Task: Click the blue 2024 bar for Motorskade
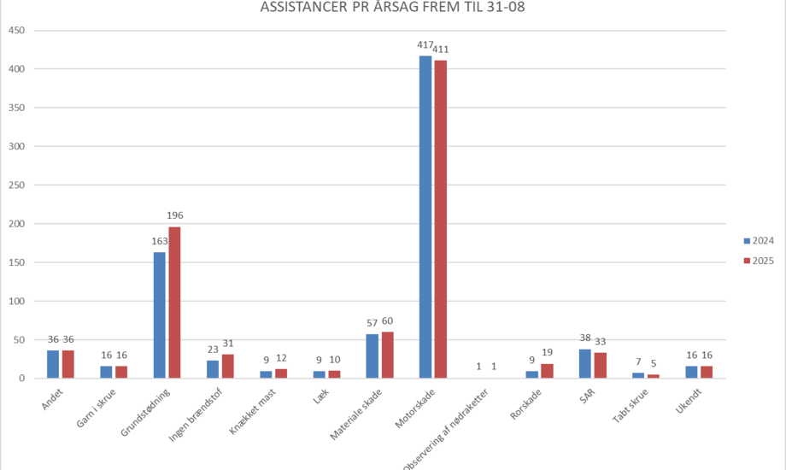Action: pyautogui.click(x=425, y=217)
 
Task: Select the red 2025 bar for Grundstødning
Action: pyautogui.click(x=174, y=303)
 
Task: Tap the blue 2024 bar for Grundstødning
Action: pyautogui.click(x=159, y=315)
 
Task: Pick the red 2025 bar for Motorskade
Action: pyautogui.click(x=440, y=220)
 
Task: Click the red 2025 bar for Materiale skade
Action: pyautogui.click(x=387, y=355)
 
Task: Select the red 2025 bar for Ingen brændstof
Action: pyautogui.click(x=227, y=366)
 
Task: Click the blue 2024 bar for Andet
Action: pyautogui.click(x=53, y=364)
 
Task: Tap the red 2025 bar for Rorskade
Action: pyautogui.click(x=547, y=371)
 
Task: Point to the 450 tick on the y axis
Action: pyautogui.click(x=15, y=31)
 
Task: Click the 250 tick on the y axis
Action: pyautogui.click(x=15, y=185)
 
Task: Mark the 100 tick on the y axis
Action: pyautogui.click(x=15, y=302)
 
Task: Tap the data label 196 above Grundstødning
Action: pyautogui.click(x=174, y=215)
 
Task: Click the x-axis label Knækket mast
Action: pyautogui.click(x=250, y=409)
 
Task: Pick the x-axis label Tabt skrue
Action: pyautogui.click(x=632, y=406)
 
